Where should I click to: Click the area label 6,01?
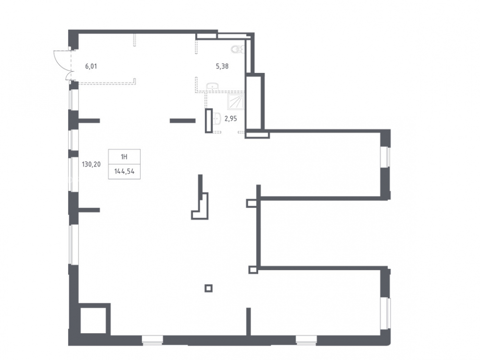pos(91,66)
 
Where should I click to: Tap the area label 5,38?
pos(222,66)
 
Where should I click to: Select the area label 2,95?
pos(230,119)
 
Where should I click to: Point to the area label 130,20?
pos(91,164)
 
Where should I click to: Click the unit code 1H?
pos(124,157)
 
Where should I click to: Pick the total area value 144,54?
pos(124,171)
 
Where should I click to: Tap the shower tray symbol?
pos(236,102)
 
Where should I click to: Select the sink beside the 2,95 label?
pos(217,119)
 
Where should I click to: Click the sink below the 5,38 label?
pos(212,86)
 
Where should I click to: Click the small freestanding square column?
pos(208,288)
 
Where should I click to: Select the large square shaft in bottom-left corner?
pos(93,320)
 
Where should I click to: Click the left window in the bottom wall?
pos(152,340)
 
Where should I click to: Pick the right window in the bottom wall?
pos(306,340)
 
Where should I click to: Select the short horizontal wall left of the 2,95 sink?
pos(182,121)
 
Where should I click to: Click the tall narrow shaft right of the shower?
pos(254,103)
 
